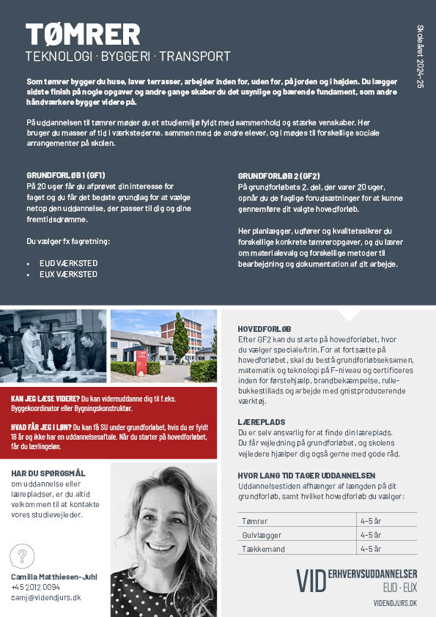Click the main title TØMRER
82,34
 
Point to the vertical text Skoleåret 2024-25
420,56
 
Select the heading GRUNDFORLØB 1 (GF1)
66,176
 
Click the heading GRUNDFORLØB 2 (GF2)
279,176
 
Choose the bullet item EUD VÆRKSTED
68,263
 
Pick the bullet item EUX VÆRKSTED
68,274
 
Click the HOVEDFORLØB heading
265,329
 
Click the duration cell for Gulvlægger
370,535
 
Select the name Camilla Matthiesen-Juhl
54,577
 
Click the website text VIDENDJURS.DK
395,602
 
